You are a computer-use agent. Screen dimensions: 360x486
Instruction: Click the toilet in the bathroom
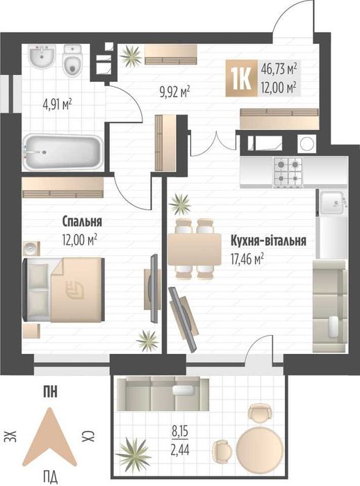click(72, 60)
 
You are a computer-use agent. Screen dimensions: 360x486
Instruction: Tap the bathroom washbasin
click(42, 57)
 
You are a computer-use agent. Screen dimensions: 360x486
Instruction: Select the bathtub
click(63, 152)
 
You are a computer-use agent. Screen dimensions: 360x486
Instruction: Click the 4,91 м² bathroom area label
click(57, 104)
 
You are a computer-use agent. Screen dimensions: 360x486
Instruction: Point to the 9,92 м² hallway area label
click(174, 92)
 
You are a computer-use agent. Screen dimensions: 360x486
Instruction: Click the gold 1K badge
click(242, 78)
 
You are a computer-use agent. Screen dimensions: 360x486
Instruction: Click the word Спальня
click(82, 222)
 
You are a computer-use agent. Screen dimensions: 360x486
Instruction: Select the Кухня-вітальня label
click(268, 241)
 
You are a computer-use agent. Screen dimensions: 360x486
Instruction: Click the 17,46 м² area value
click(247, 258)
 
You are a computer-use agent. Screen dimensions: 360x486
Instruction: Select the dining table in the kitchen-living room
click(195, 249)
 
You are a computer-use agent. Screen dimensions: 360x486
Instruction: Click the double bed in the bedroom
click(64, 290)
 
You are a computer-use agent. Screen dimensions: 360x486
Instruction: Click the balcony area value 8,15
click(180, 432)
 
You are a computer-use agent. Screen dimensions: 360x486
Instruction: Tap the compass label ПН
click(50, 392)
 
